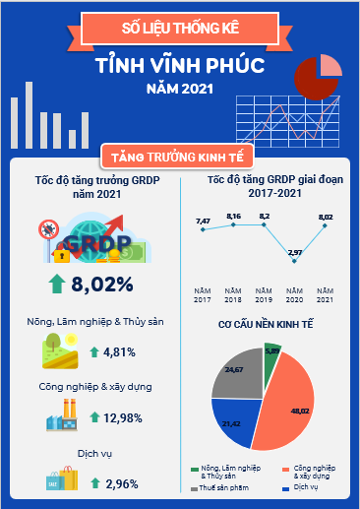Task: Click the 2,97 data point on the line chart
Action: [x=294, y=261]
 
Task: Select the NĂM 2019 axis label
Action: [x=264, y=295]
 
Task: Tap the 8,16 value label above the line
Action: [x=233, y=217]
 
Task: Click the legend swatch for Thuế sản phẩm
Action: [x=194, y=488]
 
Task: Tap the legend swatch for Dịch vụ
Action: [x=285, y=488]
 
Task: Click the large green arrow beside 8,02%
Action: [x=57, y=284]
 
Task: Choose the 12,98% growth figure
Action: [x=123, y=418]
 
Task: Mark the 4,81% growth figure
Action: [x=119, y=352]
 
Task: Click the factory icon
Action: [x=62, y=414]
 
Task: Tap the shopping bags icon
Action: [x=62, y=478]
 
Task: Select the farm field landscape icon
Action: [x=60, y=350]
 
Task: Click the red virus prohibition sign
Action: [x=48, y=229]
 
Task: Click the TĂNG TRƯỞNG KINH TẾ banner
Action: [x=177, y=157]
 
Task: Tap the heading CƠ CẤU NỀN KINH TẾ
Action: [x=266, y=324]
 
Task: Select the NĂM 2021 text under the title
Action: [x=180, y=89]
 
